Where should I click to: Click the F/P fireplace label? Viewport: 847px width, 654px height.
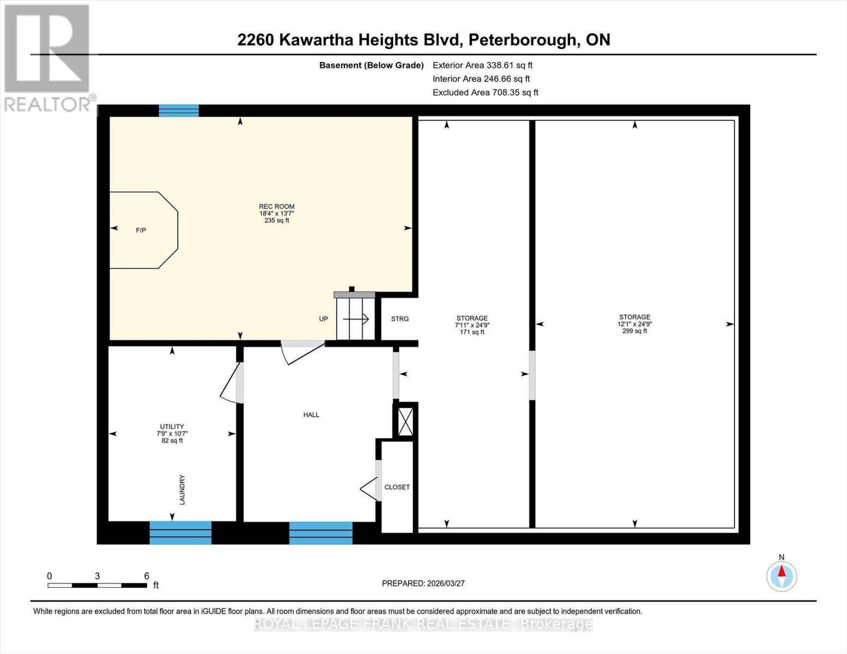pos(141,231)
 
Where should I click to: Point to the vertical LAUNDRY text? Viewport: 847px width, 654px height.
pos(182,489)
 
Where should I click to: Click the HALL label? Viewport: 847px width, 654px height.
pos(311,415)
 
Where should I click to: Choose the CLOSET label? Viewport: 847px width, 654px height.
pos(397,487)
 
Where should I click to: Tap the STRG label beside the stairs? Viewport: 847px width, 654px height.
pos(399,319)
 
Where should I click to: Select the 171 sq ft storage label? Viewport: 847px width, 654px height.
pos(472,325)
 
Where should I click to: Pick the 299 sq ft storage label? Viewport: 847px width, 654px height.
pos(634,324)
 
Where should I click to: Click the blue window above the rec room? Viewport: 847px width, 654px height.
pos(179,111)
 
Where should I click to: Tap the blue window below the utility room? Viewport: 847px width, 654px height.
pos(181,532)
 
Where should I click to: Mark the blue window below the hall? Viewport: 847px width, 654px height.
pos(321,532)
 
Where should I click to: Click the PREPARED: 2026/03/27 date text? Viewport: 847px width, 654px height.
pos(423,583)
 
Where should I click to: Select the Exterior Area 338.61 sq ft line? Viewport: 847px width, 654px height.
pos(482,65)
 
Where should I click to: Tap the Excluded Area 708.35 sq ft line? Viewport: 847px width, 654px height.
pos(485,93)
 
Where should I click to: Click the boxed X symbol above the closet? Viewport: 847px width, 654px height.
pos(405,422)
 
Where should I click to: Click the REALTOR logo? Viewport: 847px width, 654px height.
pos(48,57)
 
